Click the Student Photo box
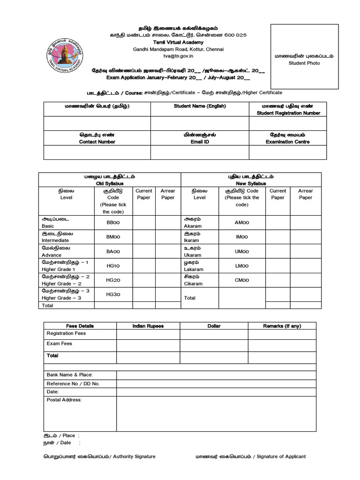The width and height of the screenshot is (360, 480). (x=304, y=57)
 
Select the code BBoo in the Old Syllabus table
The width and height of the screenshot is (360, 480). (x=113, y=223)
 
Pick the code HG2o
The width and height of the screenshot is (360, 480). (x=113, y=280)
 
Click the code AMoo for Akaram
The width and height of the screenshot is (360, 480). (x=242, y=223)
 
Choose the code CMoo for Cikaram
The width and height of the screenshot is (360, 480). (x=242, y=280)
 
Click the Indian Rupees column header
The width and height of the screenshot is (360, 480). (x=148, y=326)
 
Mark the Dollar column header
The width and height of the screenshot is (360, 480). (x=214, y=326)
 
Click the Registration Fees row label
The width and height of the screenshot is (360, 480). (x=67, y=333)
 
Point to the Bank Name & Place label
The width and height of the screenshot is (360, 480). (x=70, y=375)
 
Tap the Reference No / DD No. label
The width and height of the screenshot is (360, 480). (x=73, y=383)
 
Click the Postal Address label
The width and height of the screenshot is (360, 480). (x=64, y=400)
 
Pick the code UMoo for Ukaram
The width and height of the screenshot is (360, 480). (x=242, y=251)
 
